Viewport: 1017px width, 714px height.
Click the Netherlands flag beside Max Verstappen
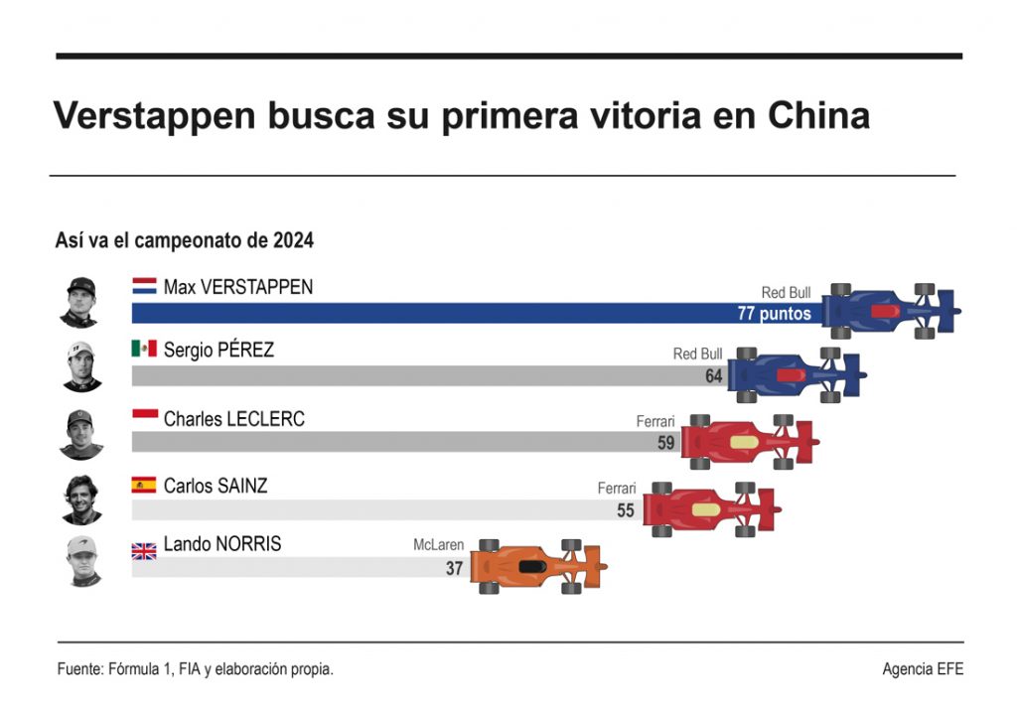pos(144,287)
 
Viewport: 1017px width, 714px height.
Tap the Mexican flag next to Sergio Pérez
pos(144,349)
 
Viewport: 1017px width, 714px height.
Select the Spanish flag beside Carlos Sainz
pos(144,486)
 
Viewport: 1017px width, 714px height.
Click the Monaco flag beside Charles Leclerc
pos(144,417)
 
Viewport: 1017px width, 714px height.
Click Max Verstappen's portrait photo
pos(78,302)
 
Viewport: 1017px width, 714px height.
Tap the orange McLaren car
pos(541,567)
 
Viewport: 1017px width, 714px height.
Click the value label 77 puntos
pos(774,314)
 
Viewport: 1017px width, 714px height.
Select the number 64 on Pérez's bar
pos(713,376)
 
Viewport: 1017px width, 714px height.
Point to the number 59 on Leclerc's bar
pos(665,443)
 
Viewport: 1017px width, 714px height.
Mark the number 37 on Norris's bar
pos(454,569)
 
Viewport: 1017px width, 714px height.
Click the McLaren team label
pos(438,545)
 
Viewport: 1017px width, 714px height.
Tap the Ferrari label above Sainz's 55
pos(616,489)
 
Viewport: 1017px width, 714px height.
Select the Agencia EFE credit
pos(922,669)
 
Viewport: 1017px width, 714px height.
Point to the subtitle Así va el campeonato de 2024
pos(185,240)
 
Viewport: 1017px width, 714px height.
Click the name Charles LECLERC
pos(233,419)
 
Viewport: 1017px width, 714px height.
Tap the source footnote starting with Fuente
pos(195,669)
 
